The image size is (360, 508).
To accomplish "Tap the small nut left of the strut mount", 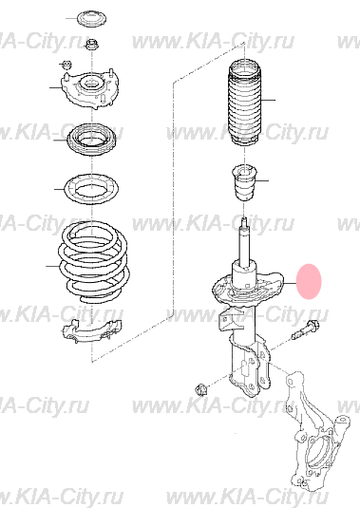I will coord(67,65).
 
